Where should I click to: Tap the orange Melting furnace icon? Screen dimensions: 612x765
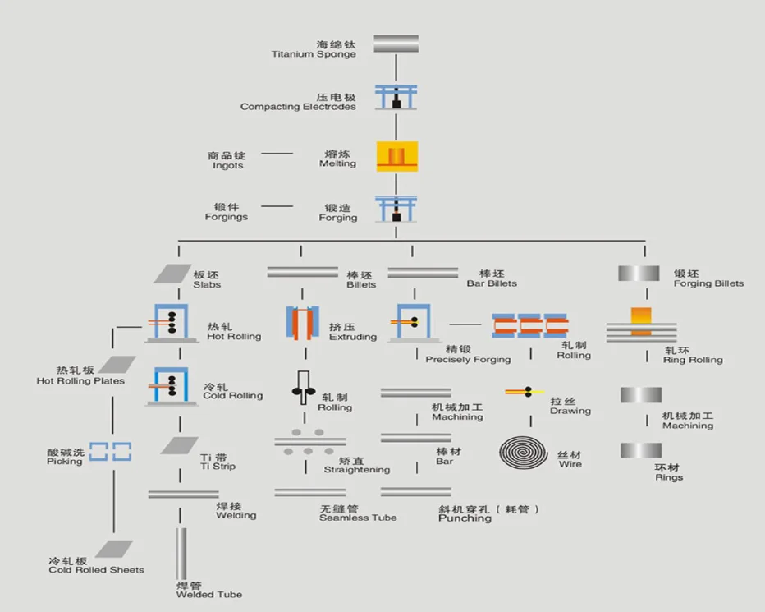(397, 156)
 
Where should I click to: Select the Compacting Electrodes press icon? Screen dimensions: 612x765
(396, 97)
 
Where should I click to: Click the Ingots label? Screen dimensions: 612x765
(227, 160)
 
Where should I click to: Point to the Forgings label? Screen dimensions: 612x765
(226, 212)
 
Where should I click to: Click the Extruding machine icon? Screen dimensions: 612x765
(301, 322)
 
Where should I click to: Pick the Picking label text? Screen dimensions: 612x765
(65, 458)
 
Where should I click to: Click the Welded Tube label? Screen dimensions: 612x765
(209, 590)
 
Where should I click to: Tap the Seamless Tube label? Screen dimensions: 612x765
(358, 513)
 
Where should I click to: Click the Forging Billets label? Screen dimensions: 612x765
(708, 279)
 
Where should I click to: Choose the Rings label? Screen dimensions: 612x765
(669, 472)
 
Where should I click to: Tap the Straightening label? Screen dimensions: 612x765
(357, 466)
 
